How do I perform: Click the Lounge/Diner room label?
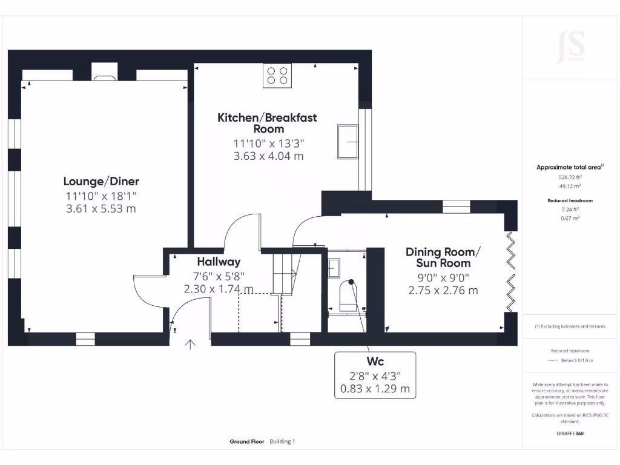coord(101,181)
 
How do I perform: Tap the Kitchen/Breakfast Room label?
coord(267,123)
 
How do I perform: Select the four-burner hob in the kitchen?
coord(277,76)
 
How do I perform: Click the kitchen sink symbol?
coord(348,142)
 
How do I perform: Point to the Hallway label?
coord(219,262)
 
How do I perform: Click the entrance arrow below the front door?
coord(191,345)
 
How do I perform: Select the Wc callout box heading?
coord(375,361)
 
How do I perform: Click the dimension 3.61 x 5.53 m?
coord(101,208)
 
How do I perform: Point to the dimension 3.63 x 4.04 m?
coord(268,156)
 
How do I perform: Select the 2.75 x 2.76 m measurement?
coord(443,290)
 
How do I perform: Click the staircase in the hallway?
coord(283,272)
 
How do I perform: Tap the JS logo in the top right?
coord(570,47)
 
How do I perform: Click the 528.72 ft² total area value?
coord(569,178)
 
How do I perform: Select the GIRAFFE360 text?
coord(569,434)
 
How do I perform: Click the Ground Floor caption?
coord(247,441)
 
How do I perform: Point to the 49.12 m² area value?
coord(569,186)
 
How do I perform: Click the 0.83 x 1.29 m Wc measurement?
coord(375,388)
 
